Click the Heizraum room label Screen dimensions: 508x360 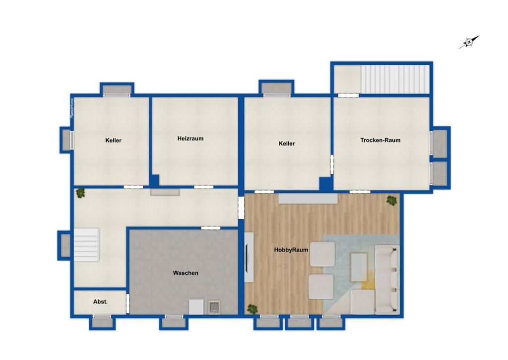tap(190, 139)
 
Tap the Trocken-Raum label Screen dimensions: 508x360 tap(381, 140)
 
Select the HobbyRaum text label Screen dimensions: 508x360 tap(291, 250)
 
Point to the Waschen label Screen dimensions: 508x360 tap(186, 273)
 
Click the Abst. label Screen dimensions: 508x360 tap(100, 301)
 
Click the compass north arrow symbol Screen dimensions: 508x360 tap(469, 42)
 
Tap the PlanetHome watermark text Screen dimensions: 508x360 tap(72, 108)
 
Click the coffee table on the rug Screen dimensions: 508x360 tap(359, 267)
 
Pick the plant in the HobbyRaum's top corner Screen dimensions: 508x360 tap(392, 201)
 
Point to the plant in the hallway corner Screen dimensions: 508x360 tap(80, 193)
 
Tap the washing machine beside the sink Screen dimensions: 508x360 tap(196, 306)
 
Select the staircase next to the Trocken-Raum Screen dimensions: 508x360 tap(395, 79)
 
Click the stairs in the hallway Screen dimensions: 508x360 tap(86, 244)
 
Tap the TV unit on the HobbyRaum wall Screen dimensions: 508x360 tap(249, 257)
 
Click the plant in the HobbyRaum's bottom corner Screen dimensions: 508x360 tap(253, 309)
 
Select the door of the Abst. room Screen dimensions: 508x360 tap(127, 303)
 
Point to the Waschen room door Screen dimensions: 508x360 tap(210, 228)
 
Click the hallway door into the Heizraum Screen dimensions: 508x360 tap(203, 187)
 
